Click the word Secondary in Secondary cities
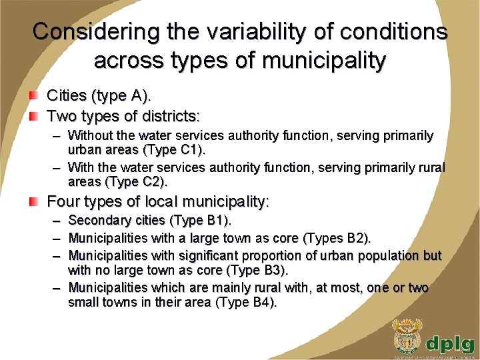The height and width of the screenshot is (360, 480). pyautogui.click(x=100, y=220)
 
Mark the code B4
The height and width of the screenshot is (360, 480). pyautogui.click(x=262, y=302)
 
